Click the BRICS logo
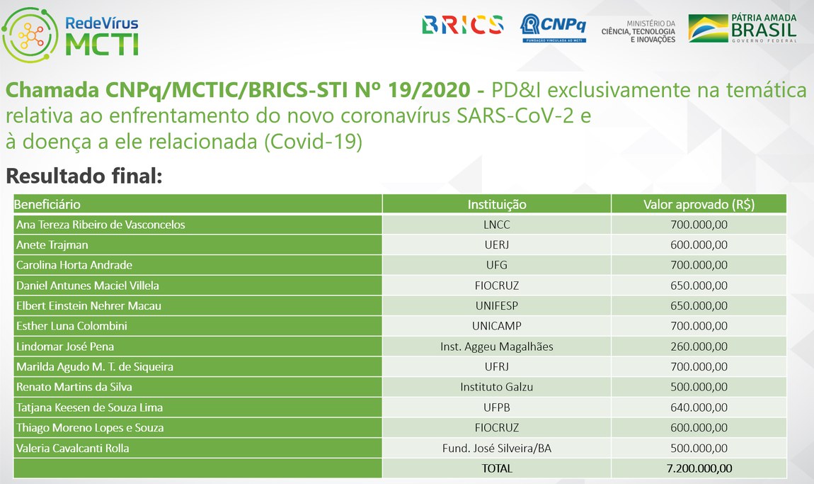tap(462, 25)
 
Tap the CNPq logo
tap(554, 28)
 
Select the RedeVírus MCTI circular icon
tap(30, 35)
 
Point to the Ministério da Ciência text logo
tap(638, 32)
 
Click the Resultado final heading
tap(84, 176)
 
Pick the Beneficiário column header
tap(47, 204)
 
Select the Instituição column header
tap(497, 204)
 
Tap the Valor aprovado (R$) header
tap(699, 204)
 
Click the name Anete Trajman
tap(52, 245)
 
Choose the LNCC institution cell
tap(497, 225)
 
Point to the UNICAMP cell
tap(497, 326)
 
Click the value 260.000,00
tap(699, 347)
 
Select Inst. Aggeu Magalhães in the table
tap(497, 347)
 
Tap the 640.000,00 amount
tap(699, 407)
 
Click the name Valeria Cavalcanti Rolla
tap(73, 448)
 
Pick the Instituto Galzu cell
tap(497, 387)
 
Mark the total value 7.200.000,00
tap(699, 468)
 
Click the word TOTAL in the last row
tap(497, 468)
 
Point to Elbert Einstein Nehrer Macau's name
tap(88, 305)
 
